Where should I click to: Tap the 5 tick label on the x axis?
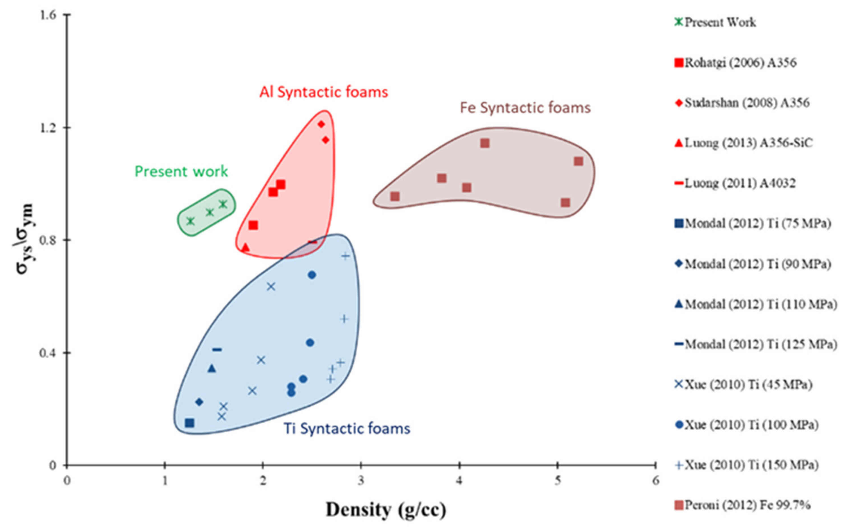tap(557, 481)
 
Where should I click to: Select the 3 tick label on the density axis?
tap(361, 481)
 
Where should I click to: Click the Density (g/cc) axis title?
tap(386, 510)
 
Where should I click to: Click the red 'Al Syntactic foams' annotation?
tap(324, 92)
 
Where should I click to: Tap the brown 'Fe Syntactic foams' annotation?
tap(525, 108)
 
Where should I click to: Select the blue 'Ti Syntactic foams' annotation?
tap(346, 429)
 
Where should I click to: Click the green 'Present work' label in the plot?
tap(181, 171)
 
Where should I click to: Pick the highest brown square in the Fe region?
tap(485, 143)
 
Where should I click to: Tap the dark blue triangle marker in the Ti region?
tap(211, 368)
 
